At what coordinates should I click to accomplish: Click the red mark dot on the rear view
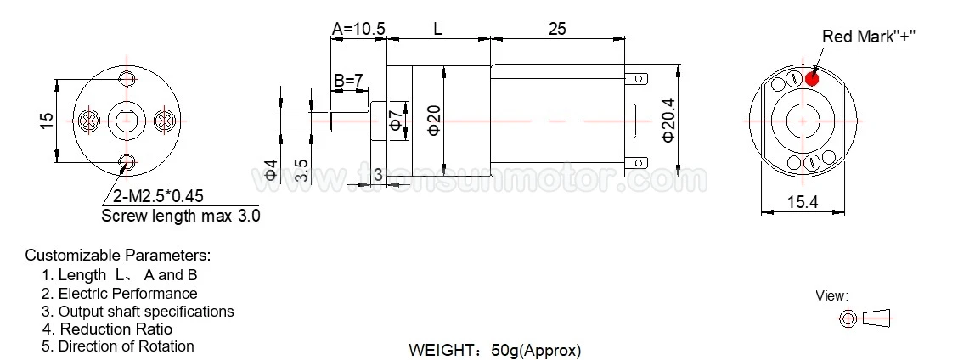pyautogui.click(x=811, y=78)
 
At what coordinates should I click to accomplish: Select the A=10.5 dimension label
pyautogui.click(x=358, y=29)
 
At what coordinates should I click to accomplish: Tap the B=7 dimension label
pyautogui.click(x=348, y=81)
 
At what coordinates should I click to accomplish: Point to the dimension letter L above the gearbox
pyautogui.click(x=437, y=29)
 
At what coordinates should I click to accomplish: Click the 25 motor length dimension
pyautogui.click(x=557, y=29)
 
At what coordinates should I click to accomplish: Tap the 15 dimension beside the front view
pyautogui.click(x=47, y=121)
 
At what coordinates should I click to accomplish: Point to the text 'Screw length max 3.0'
pyautogui.click(x=180, y=216)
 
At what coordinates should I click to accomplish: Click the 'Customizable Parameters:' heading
pyautogui.click(x=117, y=255)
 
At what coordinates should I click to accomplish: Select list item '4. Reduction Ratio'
pyautogui.click(x=107, y=329)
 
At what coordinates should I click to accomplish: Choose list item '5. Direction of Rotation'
pyautogui.click(x=118, y=346)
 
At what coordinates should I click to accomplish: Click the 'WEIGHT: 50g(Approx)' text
pyautogui.click(x=495, y=350)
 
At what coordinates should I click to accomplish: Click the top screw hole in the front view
pyautogui.click(x=128, y=81)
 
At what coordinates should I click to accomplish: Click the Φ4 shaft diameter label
pyautogui.click(x=271, y=170)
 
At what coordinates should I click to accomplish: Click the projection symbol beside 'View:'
pyautogui.click(x=865, y=318)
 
